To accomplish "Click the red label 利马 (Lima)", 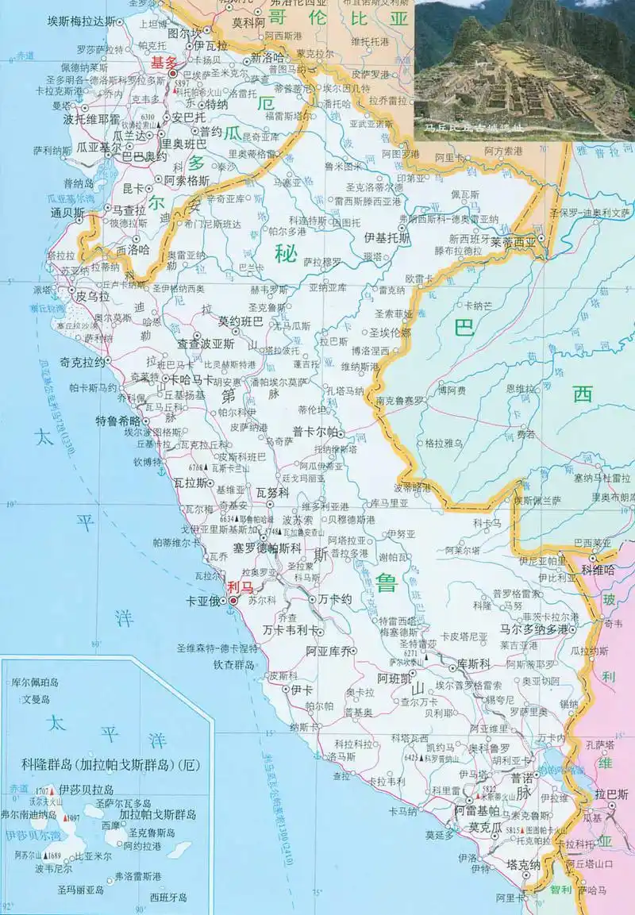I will [239, 587].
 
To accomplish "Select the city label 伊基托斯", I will [387, 237].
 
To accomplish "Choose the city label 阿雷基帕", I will [476, 810].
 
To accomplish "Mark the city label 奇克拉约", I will [83, 361].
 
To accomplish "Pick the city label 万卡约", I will [334, 600].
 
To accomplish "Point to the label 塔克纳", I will [525, 864].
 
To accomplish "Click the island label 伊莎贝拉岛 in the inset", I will [87, 790].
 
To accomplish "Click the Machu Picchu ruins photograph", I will [525, 70].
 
